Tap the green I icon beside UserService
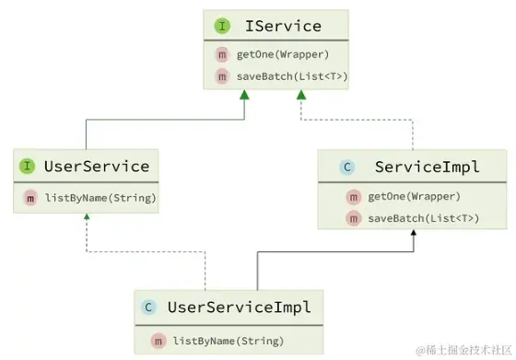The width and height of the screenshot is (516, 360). pos(29,167)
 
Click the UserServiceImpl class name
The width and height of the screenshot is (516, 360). pos(239,307)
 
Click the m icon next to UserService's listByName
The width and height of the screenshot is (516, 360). pos(30,199)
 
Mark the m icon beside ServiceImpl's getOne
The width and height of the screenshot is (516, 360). pos(353,196)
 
